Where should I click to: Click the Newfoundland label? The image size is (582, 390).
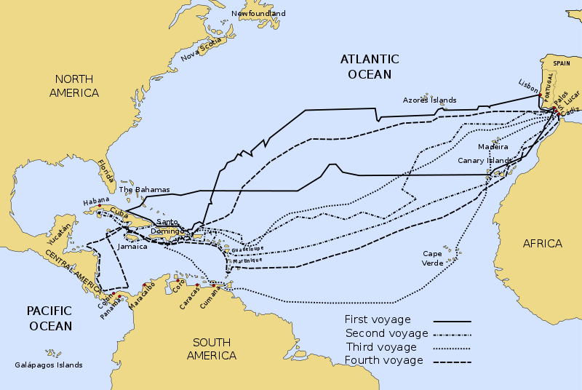coord(258,14)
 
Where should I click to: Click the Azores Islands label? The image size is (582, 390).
coord(429,100)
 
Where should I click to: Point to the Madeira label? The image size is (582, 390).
coord(493,147)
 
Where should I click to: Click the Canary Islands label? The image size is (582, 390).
coord(485,161)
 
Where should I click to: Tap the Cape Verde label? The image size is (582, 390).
coord(432,258)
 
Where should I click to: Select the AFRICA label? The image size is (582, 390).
coord(543,243)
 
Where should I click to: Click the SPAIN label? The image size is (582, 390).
coord(562,64)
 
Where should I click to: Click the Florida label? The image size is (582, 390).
coord(107,172)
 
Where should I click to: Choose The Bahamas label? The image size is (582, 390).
coord(144,190)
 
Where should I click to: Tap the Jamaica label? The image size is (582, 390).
coord(132,247)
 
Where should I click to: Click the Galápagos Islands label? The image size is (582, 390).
coord(49,365)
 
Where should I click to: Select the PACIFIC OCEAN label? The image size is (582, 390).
coord(50,318)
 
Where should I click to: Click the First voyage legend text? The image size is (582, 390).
coord(378,319)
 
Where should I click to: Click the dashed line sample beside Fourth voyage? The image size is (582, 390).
coord(452,362)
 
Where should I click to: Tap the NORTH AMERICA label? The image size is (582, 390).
coord(73,86)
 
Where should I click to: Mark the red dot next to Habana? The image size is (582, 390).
coord(100,206)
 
